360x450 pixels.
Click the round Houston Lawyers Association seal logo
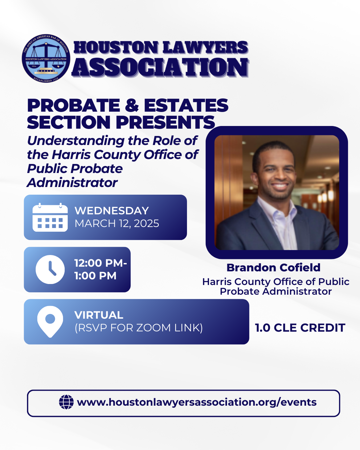pos(46,58)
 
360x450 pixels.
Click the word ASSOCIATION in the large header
pos(160,68)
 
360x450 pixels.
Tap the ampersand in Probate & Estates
pos(132,106)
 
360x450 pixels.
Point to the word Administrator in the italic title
pos(72,183)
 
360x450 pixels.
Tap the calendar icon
pos(50,217)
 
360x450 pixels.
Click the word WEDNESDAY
pos(112,211)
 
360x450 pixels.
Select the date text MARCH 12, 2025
pos(117,223)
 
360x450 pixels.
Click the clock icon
pos(50,269)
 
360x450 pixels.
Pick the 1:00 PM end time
pos(95,276)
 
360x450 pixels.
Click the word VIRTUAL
pos(99,315)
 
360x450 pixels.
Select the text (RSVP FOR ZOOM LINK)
pos(139,328)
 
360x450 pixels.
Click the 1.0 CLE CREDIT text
pos(300,328)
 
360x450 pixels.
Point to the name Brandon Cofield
pos(273,268)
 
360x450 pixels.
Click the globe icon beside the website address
pos(66,402)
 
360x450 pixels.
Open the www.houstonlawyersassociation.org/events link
pos(197,402)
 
